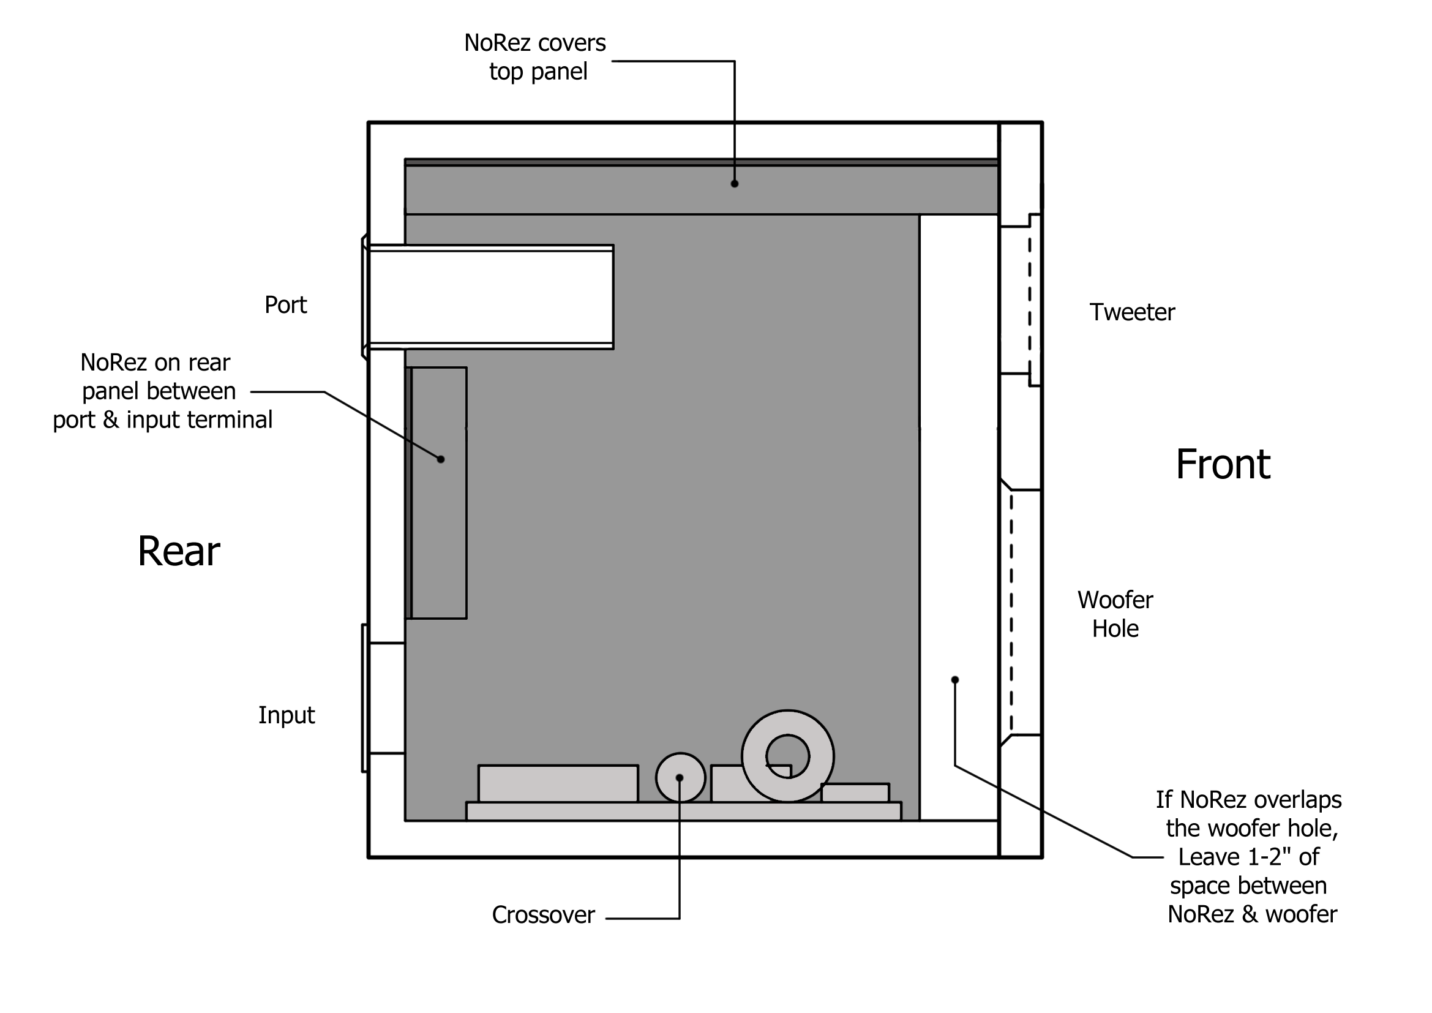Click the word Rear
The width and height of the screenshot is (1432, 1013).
pos(178,551)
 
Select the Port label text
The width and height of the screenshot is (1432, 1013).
pos(286,305)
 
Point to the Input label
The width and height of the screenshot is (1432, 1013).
pos(287,715)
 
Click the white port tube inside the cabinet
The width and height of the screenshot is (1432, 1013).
pos(490,297)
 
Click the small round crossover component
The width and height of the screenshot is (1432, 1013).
pos(680,778)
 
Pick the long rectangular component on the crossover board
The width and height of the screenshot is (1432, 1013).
pos(558,783)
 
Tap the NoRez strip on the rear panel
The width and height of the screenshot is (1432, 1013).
pos(438,493)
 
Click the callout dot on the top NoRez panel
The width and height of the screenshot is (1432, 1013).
pos(734,183)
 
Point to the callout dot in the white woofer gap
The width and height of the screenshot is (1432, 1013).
pos(954,680)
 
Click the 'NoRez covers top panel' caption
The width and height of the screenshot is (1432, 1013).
pos(535,57)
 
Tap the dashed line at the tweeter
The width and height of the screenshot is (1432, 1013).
pos(1029,299)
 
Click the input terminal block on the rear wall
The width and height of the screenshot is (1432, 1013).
pos(384,698)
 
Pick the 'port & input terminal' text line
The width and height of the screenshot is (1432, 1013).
pos(162,420)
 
